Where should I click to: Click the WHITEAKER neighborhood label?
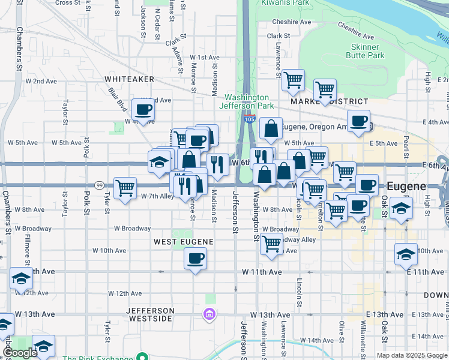point(129,79)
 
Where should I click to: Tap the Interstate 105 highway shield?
point(250,120)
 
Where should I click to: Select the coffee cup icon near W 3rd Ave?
point(143,109)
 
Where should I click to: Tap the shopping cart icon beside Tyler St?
point(125,188)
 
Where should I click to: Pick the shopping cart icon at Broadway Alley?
point(272,243)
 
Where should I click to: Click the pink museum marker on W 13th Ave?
point(209,314)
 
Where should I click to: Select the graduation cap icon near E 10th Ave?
point(406,254)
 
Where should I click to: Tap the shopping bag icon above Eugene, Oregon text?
point(271,128)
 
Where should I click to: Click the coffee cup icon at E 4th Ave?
point(358,121)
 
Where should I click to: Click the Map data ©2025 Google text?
point(412,355)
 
